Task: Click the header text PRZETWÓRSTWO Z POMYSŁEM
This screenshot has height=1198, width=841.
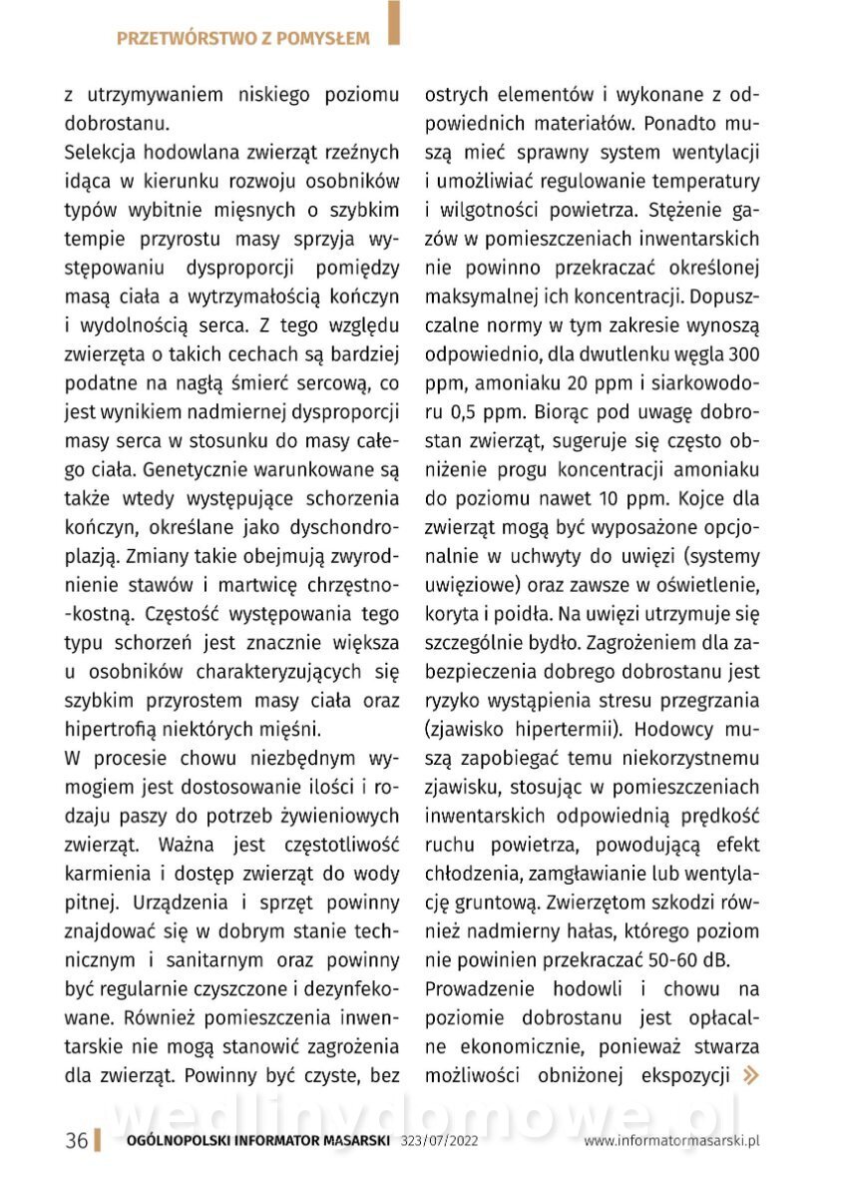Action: (x=242, y=39)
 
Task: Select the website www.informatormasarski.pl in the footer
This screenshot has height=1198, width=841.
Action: (x=671, y=1141)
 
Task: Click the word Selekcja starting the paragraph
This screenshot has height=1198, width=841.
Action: (x=100, y=153)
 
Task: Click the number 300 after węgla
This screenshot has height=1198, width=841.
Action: (x=744, y=354)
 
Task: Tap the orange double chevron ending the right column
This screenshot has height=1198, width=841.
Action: (x=749, y=1074)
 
